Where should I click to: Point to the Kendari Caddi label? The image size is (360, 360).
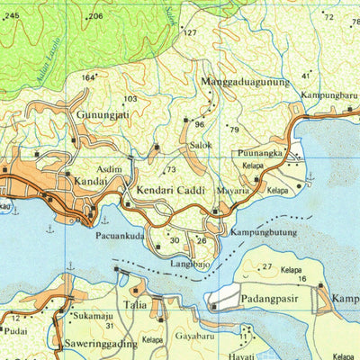coord(171,192)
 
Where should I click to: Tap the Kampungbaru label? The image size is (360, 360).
coord(329,94)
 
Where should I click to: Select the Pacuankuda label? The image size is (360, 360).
coord(120,236)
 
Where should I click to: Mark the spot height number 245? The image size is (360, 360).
coord(10,15)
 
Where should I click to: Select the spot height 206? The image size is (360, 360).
coord(95,17)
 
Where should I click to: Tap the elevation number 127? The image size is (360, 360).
coord(190,33)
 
